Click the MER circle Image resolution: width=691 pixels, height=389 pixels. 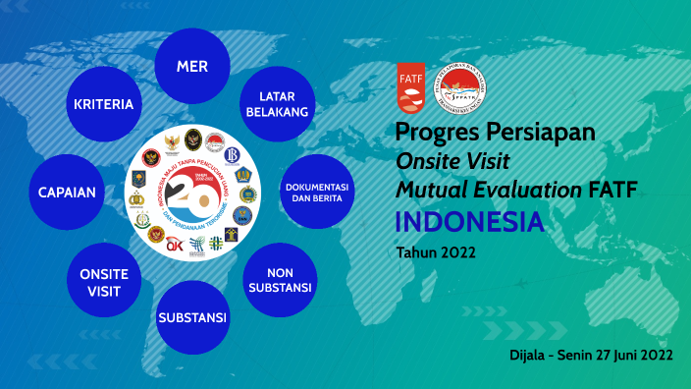point(192,66)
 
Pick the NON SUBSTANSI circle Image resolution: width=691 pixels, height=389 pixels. point(280,279)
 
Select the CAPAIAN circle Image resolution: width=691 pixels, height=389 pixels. point(68,192)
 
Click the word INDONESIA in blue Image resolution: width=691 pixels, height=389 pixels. point(469,222)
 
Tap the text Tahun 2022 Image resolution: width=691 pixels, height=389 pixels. point(436,252)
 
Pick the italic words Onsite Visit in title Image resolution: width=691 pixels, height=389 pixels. point(452,161)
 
